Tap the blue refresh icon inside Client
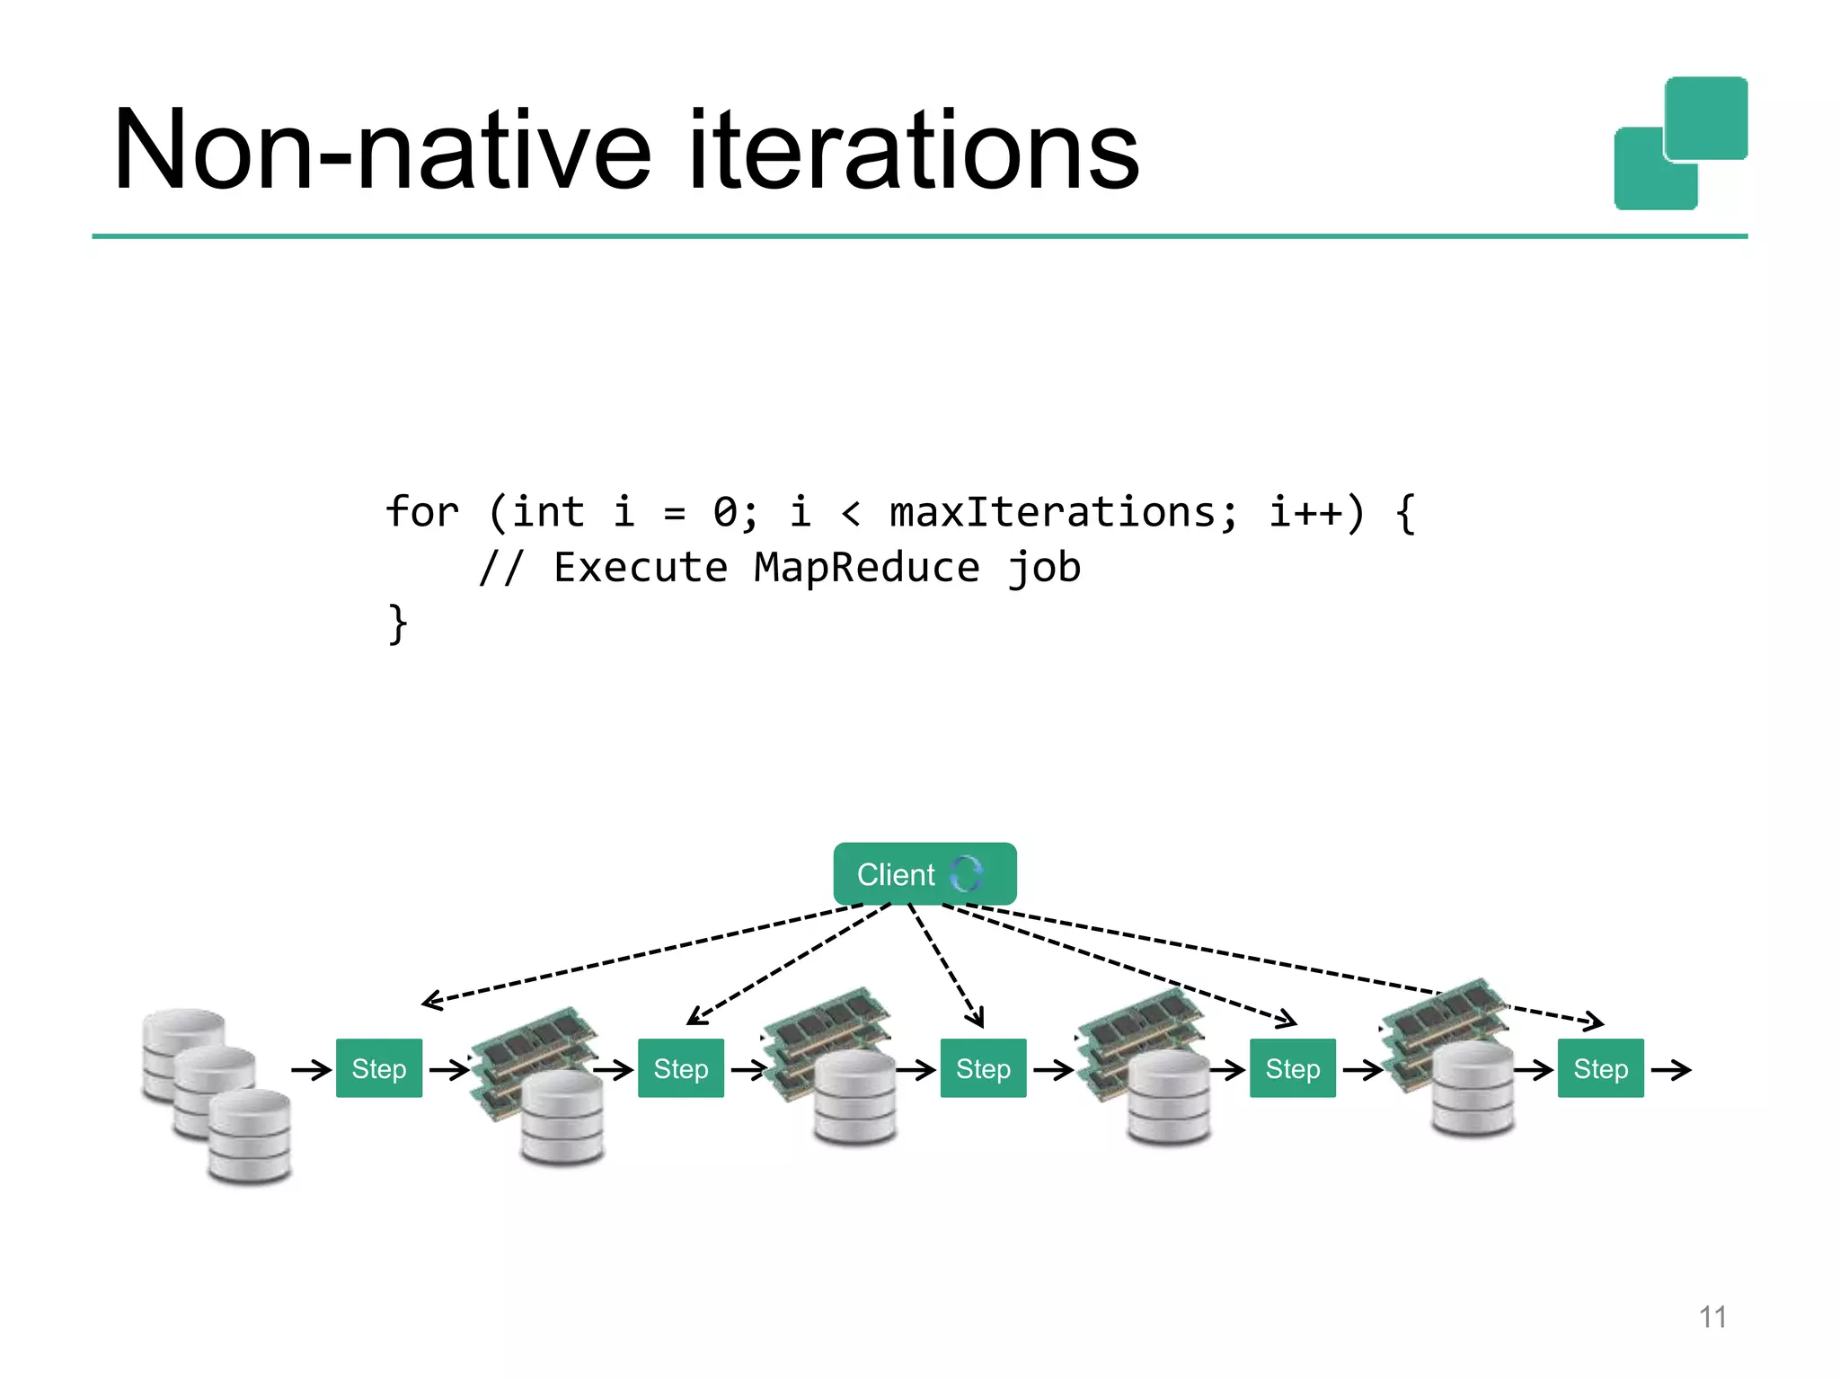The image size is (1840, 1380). point(967,873)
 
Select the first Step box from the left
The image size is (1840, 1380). point(378,1068)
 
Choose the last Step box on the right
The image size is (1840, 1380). point(1600,1068)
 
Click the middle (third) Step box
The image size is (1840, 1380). point(983,1068)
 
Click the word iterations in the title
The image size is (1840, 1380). point(913,151)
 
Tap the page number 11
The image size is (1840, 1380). point(1712,1317)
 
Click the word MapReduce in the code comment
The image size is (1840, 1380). point(866,568)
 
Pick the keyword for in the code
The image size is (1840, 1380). point(421,513)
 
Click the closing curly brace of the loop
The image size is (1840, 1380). point(397,624)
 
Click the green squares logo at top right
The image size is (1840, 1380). point(1680,144)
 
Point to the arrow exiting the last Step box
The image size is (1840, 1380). point(1671,1069)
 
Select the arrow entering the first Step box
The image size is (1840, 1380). point(311,1069)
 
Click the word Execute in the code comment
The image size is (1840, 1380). point(640,568)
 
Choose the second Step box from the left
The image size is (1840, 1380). point(680,1068)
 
